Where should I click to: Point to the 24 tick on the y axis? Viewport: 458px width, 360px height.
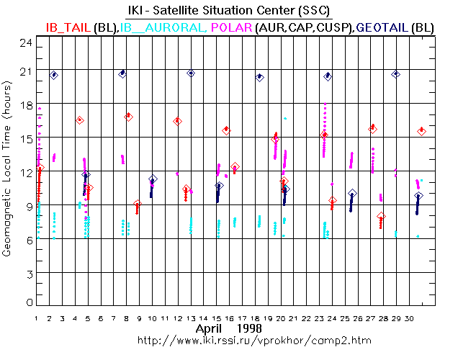[27, 43]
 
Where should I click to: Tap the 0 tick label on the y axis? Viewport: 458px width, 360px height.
[29, 302]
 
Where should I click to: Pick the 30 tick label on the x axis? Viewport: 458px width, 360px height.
[410, 318]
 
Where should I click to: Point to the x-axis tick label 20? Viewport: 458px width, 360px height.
[282, 318]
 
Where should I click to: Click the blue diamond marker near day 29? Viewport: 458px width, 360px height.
[395, 74]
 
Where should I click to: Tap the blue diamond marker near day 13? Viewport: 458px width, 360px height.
[191, 73]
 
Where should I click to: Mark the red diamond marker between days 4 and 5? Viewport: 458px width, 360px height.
[79, 120]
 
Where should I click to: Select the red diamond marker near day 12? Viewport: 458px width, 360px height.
[177, 121]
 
